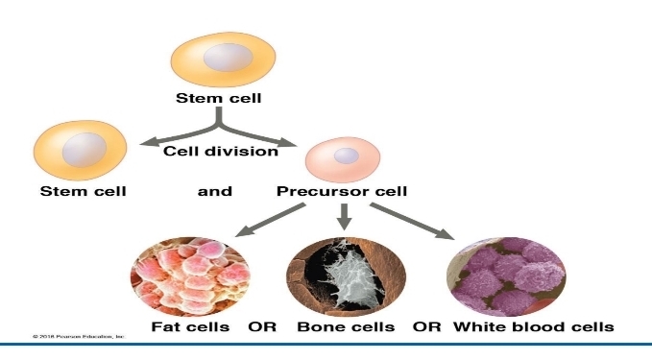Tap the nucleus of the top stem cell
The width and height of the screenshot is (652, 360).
(222, 59)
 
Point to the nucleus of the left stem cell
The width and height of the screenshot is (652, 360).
(85, 148)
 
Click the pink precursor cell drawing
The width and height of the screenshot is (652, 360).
(342, 157)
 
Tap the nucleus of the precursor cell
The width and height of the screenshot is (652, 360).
(347, 155)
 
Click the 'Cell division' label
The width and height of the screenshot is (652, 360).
(221, 151)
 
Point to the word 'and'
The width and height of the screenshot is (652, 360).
(215, 191)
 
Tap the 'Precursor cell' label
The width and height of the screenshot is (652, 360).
(342, 191)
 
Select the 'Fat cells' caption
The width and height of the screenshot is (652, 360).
(190, 326)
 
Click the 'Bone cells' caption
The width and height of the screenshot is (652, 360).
(343, 326)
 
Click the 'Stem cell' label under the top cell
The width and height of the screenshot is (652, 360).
(217, 98)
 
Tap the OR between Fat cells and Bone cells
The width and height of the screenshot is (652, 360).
(262, 326)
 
